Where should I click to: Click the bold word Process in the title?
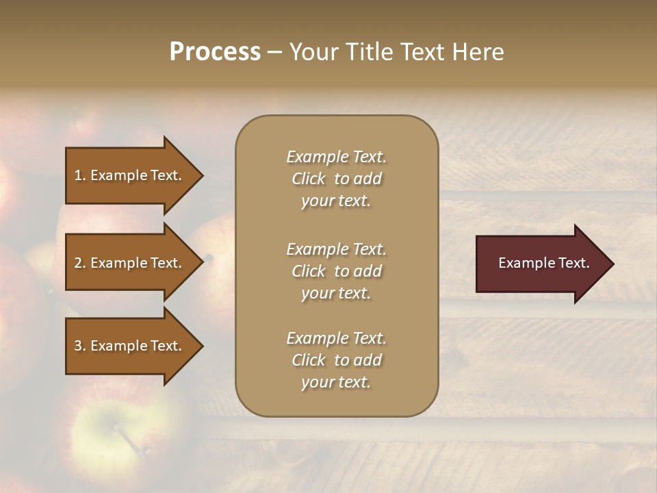pos(215,52)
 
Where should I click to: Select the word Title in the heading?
pos(368,52)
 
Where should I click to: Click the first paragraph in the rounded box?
pos(336,179)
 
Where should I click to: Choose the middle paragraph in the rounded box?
pos(336,271)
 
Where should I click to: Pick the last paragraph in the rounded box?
pos(336,360)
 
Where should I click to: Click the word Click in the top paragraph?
pos(309,179)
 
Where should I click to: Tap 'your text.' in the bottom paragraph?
pos(336,382)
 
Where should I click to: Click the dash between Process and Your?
pos(275,53)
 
